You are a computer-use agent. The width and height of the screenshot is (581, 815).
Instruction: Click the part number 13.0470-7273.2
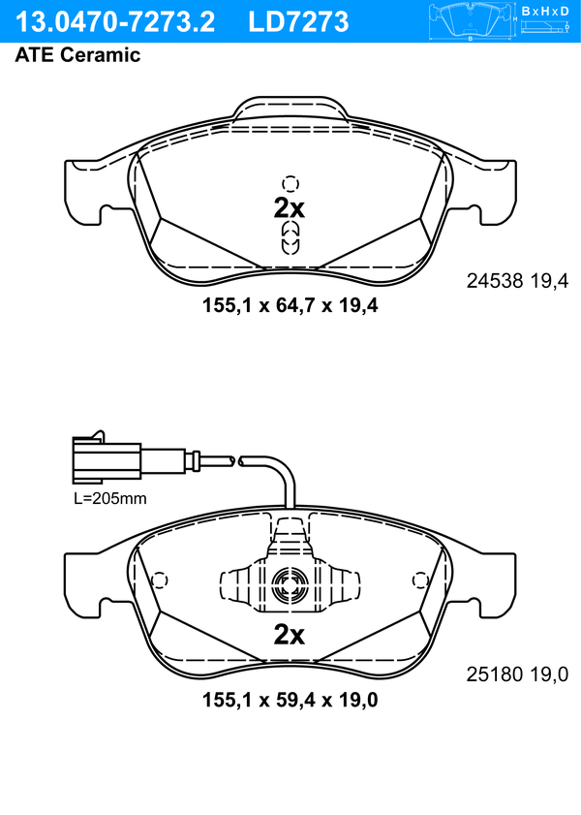(x=115, y=22)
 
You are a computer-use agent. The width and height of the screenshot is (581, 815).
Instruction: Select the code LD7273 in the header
(x=298, y=22)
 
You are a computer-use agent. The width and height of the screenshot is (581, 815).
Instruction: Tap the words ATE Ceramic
(x=77, y=54)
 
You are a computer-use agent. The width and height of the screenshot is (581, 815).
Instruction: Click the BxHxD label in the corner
(x=545, y=11)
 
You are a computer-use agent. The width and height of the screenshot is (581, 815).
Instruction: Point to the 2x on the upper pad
(x=290, y=208)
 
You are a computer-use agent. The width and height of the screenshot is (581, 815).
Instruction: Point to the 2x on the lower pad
(x=290, y=634)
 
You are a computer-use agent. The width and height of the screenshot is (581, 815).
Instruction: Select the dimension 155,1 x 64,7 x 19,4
(x=290, y=305)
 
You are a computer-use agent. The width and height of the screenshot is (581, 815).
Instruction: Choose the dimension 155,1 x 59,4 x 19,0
(x=290, y=700)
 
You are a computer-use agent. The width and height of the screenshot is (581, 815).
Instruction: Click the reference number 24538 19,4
(x=517, y=281)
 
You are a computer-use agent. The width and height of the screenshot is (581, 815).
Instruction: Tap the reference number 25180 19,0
(x=517, y=674)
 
